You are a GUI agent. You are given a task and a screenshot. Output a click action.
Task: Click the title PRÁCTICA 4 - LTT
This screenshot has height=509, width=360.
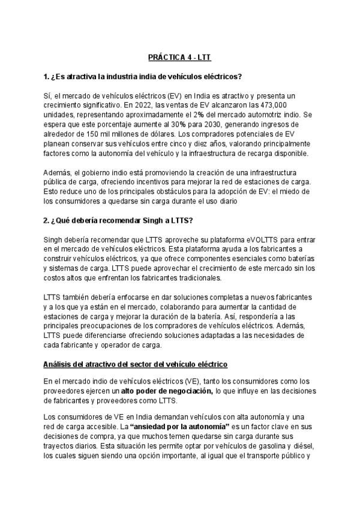click(180, 58)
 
